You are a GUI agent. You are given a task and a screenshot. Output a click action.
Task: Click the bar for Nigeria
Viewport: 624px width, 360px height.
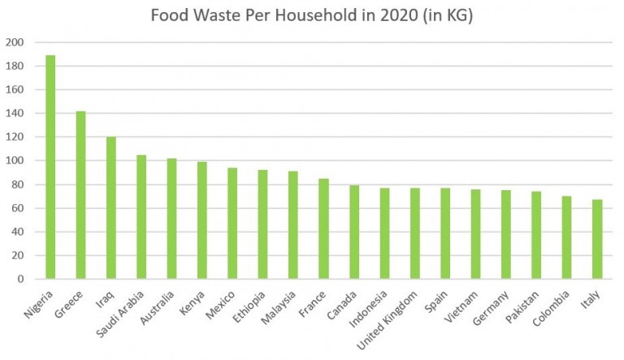pyautogui.click(x=50, y=167)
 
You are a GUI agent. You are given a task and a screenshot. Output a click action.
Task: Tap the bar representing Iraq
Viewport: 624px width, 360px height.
pyautogui.click(x=111, y=208)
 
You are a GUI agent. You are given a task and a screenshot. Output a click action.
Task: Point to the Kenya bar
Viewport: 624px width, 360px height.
pyautogui.click(x=202, y=220)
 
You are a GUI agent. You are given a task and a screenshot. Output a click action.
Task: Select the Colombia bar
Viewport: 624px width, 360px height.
pyautogui.click(x=566, y=237)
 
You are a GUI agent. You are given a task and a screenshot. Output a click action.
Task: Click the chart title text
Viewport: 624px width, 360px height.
pyautogui.click(x=312, y=16)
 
